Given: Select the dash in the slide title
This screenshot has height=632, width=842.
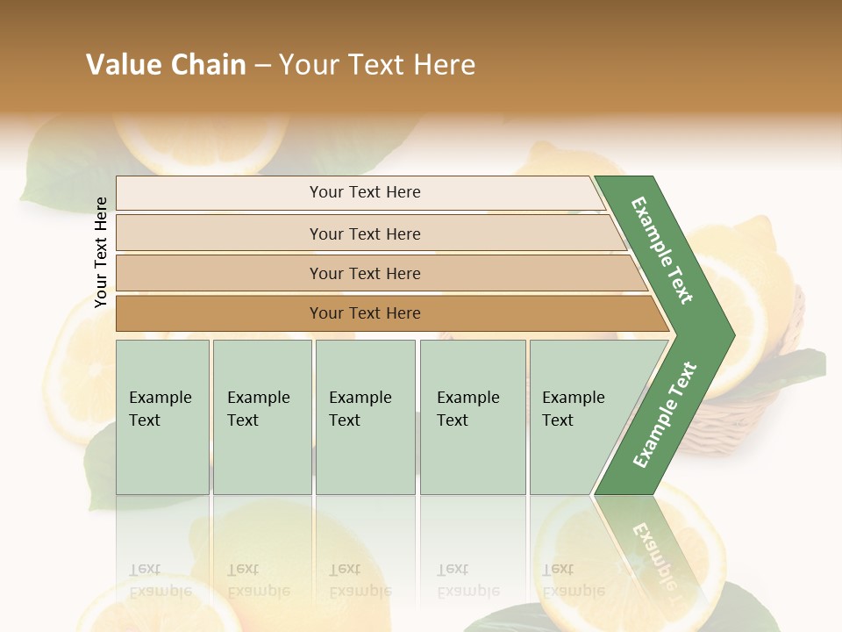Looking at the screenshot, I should coord(262,66).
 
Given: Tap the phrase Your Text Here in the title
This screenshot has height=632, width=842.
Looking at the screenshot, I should coord(377,65).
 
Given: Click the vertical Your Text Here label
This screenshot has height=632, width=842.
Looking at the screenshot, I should coord(101,253).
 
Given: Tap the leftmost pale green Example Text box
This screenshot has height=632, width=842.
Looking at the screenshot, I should coord(162,417).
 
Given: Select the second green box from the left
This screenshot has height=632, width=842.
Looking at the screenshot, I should coord(261,417).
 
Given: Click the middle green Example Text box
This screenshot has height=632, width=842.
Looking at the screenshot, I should coord(365,417).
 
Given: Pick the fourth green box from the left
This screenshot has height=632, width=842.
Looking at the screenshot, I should coord(472,417).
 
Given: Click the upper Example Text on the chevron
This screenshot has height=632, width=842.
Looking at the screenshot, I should coord(662,250).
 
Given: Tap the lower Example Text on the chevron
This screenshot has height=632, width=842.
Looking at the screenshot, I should coord(664,414).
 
